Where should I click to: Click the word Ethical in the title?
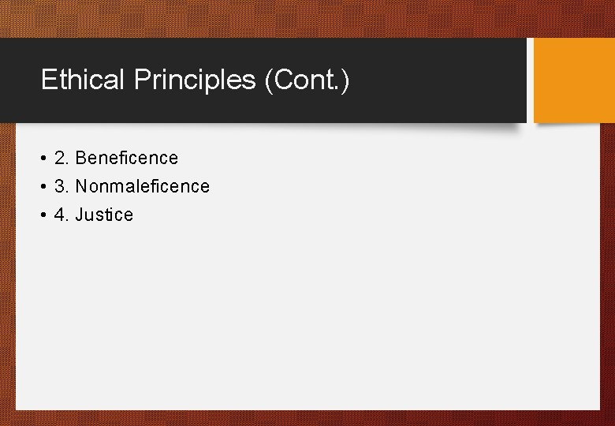coord(84,80)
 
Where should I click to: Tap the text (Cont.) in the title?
coord(307,80)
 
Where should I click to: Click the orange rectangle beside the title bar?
coord(573,80)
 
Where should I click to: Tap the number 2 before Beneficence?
coord(60,158)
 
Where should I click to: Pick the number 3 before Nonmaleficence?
coord(60,186)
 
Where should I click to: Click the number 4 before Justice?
coord(60,215)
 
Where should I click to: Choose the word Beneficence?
coord(127,158)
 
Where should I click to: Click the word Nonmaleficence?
coord(142,186)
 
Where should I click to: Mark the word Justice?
coord(104,215)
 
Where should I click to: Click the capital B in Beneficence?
coord(81,158)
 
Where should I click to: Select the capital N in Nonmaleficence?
coord(81,186)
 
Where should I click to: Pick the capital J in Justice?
coord(80,215)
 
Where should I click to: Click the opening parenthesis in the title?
coord(269,80)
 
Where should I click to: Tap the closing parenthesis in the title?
coord(345,80)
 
